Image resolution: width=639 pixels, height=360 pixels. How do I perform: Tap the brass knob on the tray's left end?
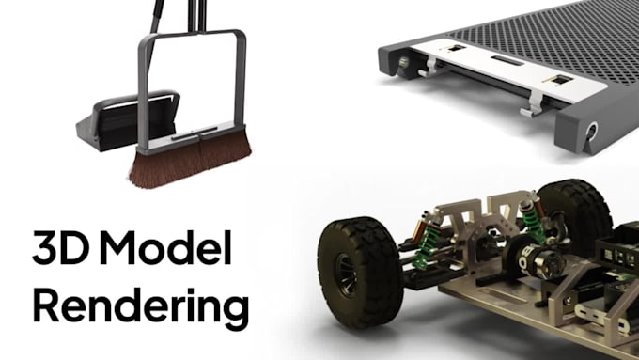coord(404,63)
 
